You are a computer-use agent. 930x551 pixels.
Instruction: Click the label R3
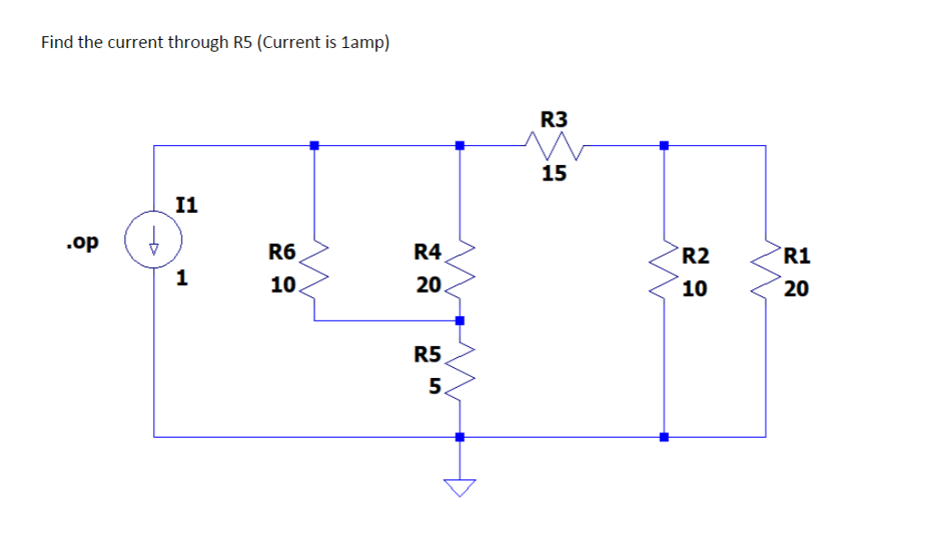click(x=554, y=119)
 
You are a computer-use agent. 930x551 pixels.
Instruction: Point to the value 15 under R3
click(x=554, y=173)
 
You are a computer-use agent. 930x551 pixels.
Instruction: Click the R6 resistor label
click(x=282, y=251)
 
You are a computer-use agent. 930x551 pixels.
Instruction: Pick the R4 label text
click(x=427, y=251)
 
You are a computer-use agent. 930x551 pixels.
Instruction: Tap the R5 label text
click(x=427, y=353)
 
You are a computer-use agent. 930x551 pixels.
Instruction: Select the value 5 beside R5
click(x=435, y=387)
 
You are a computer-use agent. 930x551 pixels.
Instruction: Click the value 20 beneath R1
click(x=798, y=289)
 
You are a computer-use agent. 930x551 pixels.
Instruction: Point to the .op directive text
click(x=82, y=242)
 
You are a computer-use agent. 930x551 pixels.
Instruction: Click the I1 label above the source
click(x=186, y=205)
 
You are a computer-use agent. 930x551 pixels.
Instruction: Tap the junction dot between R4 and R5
click(x=460, y=321)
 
